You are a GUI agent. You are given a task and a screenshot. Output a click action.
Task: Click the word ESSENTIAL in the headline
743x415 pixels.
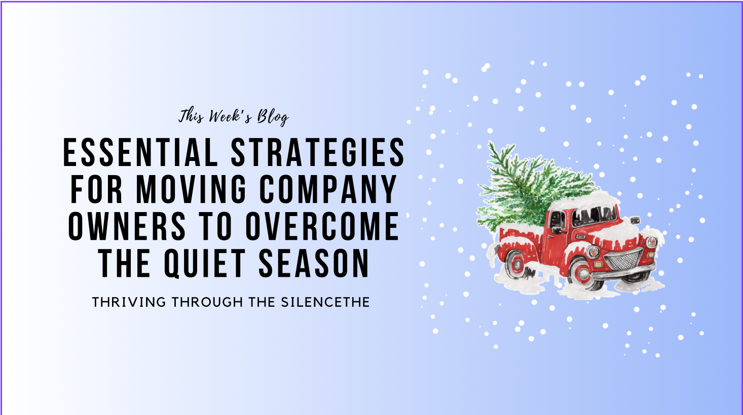point(140,152)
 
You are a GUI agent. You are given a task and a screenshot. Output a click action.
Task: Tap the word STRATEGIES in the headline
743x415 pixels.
point(318,152)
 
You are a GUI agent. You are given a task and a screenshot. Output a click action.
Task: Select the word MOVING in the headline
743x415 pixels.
point(192,190)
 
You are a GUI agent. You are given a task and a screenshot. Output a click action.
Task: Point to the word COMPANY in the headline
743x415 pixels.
point(328,190)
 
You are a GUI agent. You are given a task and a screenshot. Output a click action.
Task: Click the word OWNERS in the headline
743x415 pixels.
point(127,227)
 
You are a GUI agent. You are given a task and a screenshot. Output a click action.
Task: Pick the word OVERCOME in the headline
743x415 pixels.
point(322,227)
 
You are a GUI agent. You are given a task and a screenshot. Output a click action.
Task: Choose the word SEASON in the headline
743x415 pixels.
point(314,264)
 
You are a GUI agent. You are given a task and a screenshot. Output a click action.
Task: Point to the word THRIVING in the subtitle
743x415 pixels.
point(129,302)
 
